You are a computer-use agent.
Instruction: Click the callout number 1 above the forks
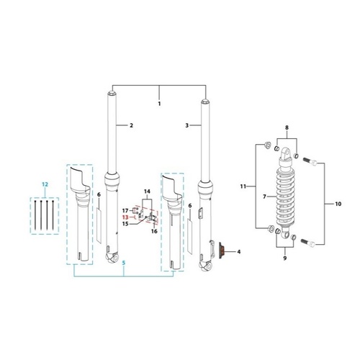tap(159, 104)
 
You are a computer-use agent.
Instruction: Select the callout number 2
tap(131, 125)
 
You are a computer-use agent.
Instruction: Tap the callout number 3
tap(187, 125)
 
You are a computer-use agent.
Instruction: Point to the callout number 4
tap(238, 252)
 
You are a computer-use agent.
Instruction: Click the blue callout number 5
tap(124, 263)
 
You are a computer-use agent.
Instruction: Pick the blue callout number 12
tap(45, 184)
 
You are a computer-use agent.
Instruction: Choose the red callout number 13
tap(125, 217)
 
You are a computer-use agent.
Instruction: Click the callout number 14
tap(147, 192)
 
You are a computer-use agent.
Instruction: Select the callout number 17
tap(125, 211)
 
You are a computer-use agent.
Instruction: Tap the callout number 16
tap(154, 231)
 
